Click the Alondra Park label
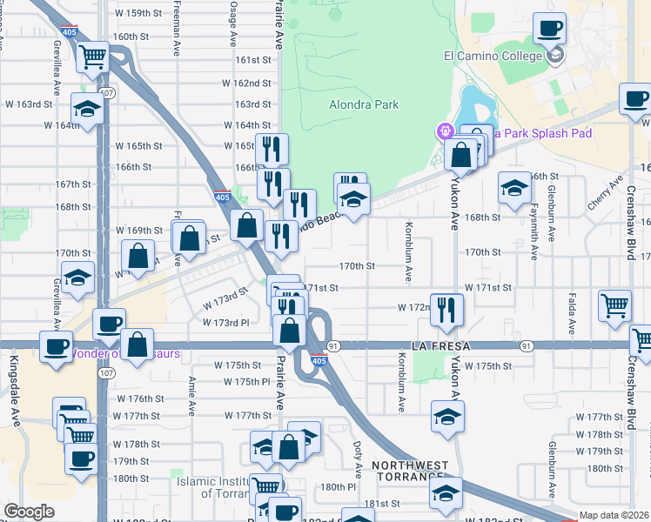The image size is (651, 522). [x=364, y=104]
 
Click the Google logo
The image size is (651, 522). [x=29, y=512]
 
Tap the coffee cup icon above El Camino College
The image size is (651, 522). [x=550, y=30]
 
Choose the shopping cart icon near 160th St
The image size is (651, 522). [x=92, y=58]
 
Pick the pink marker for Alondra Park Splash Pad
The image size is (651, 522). [x=445, y=132]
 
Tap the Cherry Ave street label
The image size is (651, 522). [x=617, y=193]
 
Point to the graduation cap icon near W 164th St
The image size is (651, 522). [x=88, y=110]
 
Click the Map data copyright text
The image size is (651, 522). [x=614, y=515]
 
